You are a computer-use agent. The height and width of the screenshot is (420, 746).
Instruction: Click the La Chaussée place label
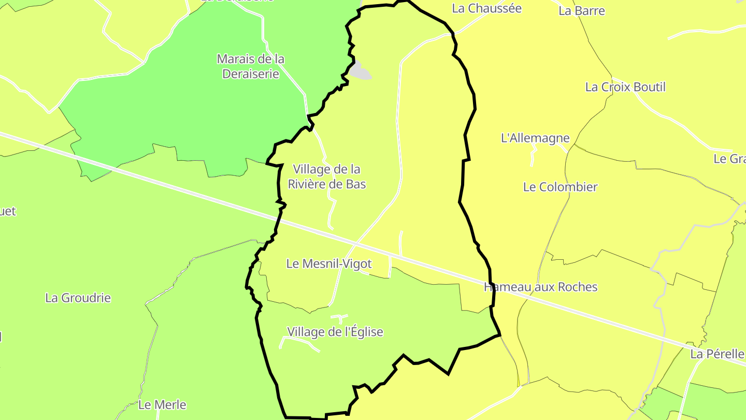click(486, 8)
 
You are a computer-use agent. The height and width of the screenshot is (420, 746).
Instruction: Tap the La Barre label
click(581, 11)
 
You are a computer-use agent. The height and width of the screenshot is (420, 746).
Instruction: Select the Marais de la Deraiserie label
click(251, 66)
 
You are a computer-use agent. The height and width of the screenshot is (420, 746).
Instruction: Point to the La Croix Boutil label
click(625, 87)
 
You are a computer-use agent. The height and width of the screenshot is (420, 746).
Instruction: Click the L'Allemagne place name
click(535, 138)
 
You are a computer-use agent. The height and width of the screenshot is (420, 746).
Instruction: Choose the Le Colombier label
click(560, 187)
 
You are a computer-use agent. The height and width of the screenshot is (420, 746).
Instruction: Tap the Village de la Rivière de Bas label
click(326, 176)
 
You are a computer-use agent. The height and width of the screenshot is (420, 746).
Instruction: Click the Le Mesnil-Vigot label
click(329, 264)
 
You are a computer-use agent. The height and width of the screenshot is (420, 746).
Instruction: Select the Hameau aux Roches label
click(540, 287)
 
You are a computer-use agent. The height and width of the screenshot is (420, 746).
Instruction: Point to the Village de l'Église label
click(335, 332)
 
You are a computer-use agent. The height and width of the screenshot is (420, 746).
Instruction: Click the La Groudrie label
click(78, 298)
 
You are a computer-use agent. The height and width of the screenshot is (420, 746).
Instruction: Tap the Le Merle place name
click(162, 405)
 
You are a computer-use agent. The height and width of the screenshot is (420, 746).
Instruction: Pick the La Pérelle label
click(717, 355)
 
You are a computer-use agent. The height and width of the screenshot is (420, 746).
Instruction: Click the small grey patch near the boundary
click(360, 71)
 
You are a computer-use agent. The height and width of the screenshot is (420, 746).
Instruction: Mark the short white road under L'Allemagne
click(533, 157)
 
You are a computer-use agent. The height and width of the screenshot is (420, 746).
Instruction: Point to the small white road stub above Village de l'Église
click(340, 317)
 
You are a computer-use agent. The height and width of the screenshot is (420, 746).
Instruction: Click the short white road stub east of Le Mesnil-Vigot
click(401, 243)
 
